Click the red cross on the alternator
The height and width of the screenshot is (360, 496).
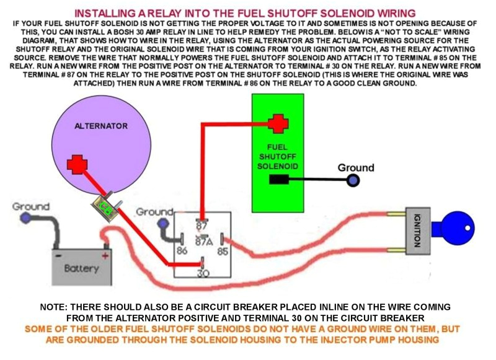point(77,165)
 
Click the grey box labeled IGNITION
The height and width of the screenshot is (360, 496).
point(418,230)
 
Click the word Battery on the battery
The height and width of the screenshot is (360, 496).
point(81,268)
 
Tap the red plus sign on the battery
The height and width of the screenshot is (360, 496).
point(105,255)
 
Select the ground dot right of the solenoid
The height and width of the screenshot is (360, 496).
point(353,180)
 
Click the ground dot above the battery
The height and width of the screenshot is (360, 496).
point(25,217)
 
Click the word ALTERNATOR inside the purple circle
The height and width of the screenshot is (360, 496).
point(101,125)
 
